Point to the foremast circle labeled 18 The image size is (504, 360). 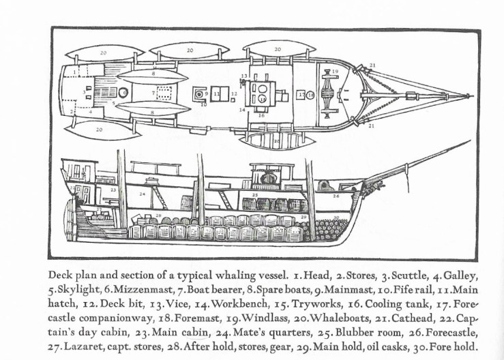(310, 95)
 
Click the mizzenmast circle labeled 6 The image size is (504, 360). (125, 92)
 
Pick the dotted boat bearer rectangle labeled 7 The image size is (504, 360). (164, 92)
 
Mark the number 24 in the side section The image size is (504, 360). (142, 194)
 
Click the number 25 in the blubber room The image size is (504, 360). (254, 195)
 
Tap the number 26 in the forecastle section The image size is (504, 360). (336, 195)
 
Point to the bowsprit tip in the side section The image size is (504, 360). (470, 142)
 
